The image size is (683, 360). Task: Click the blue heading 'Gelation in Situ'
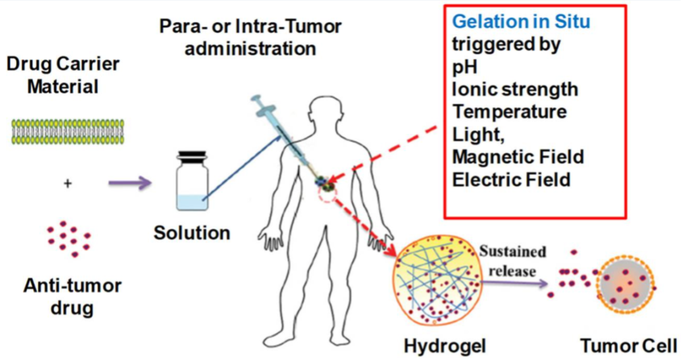pyautogui.click(x=521, y=22)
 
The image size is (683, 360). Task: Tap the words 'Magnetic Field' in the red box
pyautogui.click(x=518, y=157)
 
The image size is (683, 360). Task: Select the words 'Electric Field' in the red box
pyautogui.click(x=512, y=180)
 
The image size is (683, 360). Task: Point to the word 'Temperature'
pyautogui.click(x=510, y=112)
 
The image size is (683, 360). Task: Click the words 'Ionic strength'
pyautogui.click(x=515, y=89)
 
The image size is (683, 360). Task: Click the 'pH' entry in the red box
pyautogui.click(x=465, y=67)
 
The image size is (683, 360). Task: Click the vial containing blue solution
pyautogui.click(x=192, y=180)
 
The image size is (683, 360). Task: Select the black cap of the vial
pyautogui.click(x=192, y=156)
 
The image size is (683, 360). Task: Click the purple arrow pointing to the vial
pyautogui.click(x=130, y=183)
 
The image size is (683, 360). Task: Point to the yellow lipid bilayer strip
pyautogui.click(x=68, y=132)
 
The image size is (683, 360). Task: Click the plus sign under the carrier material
pyautogui.click(x=68, y=183)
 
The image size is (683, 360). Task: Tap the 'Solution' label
pyautogui.click(x=192, y=233)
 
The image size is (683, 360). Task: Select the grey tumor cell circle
pyautogui.click(x=626, y=285)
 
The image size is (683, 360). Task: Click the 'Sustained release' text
pyautogui.click(x=512, y=261)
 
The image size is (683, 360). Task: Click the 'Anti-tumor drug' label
pyautogui.click(x=72, y=297)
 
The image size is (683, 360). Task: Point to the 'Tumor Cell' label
pyautogui.click(x=629, y=346)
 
